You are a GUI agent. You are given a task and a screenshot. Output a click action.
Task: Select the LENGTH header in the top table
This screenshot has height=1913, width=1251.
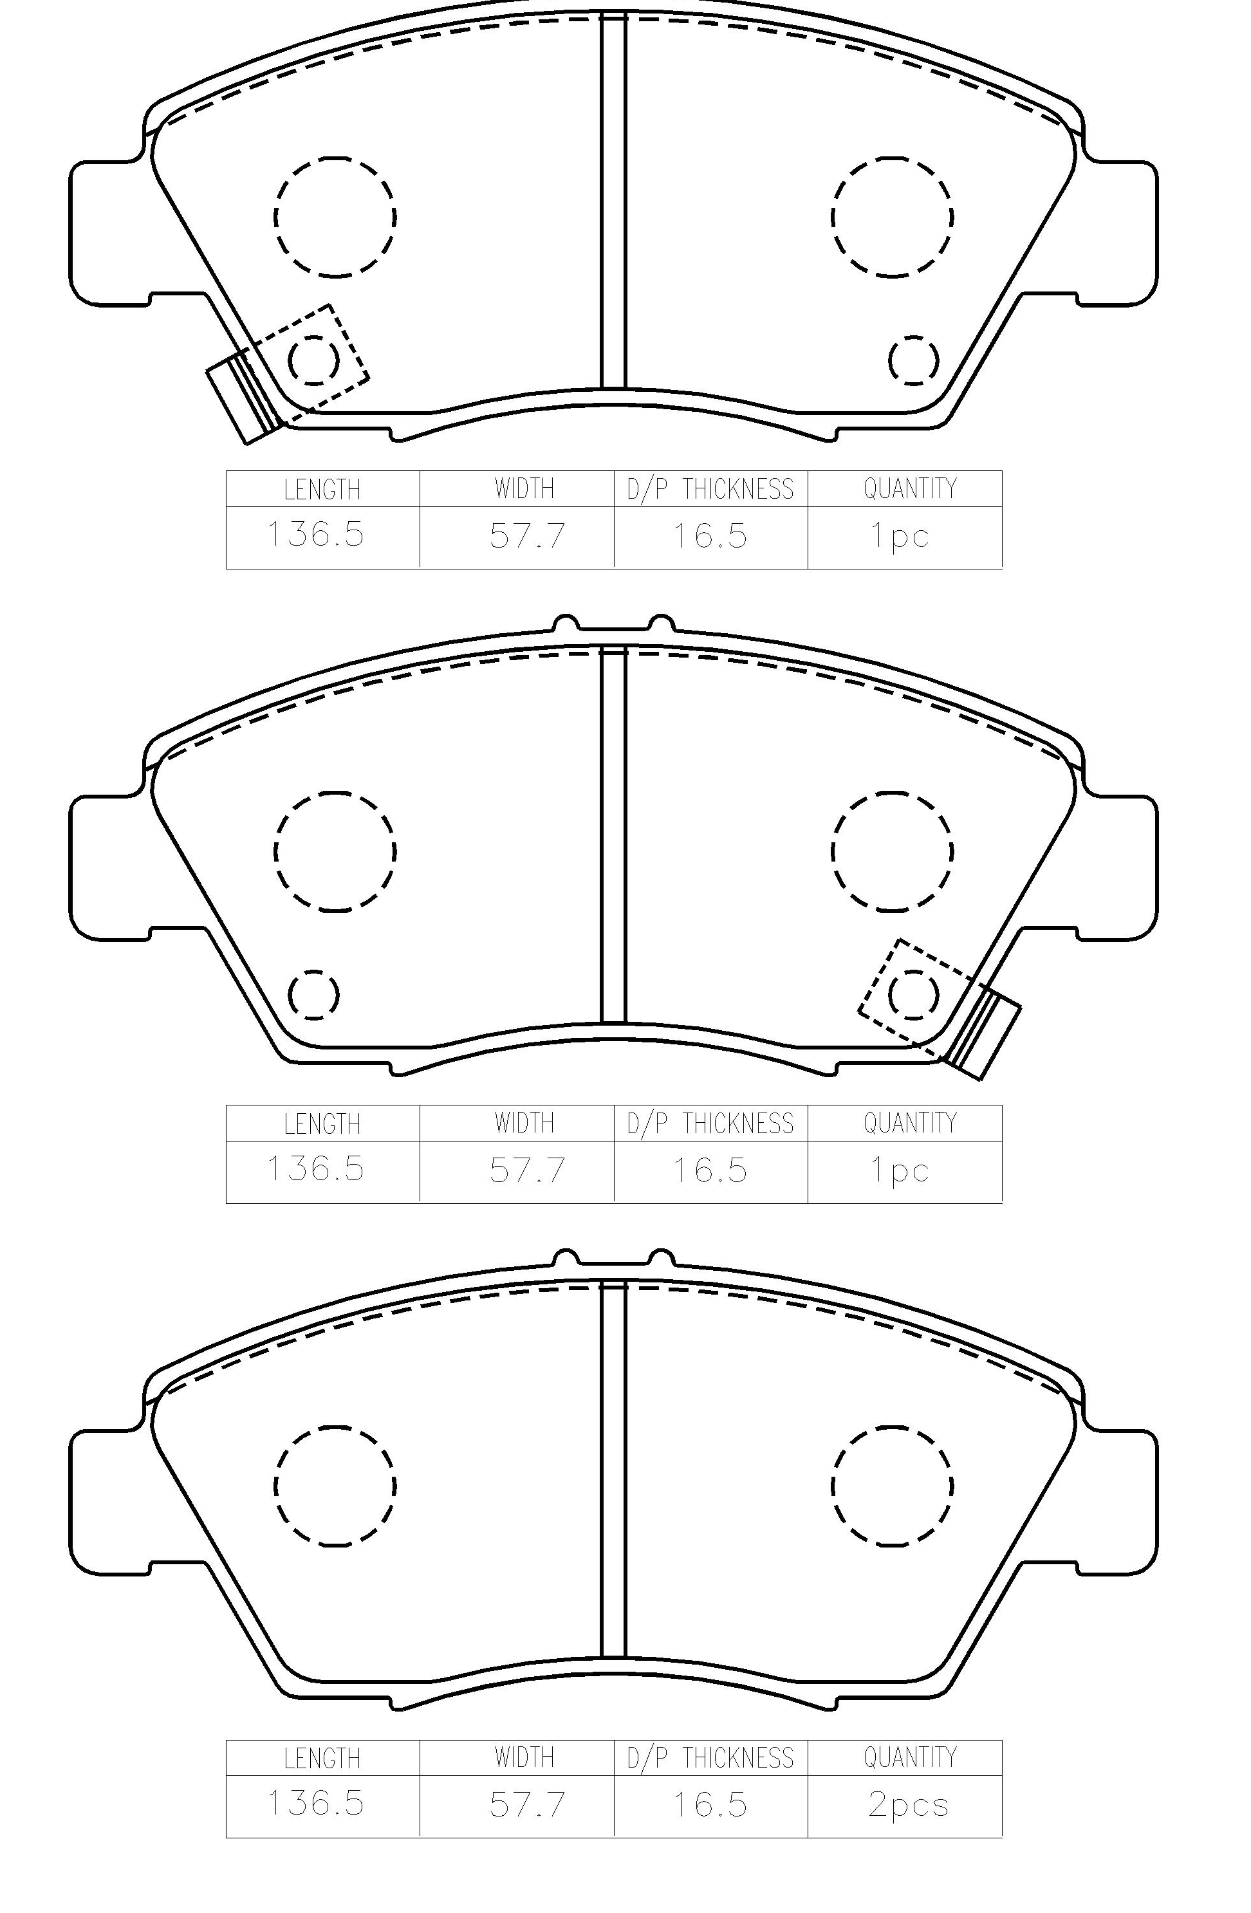click(x=322, y=490)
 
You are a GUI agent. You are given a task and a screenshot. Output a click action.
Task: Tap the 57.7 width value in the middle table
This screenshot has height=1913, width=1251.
click(x=528, y=1170)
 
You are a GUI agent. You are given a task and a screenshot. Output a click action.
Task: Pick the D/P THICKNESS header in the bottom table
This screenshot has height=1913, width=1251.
click(x=710, y=1758)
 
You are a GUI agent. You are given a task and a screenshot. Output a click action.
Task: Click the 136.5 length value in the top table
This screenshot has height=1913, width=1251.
click(x=315, y=535)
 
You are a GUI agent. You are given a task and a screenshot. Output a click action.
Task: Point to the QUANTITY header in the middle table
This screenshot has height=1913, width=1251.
click(x=910, y=1123)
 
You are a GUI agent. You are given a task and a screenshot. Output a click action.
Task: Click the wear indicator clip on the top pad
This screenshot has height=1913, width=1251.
click(x=244, y=397)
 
